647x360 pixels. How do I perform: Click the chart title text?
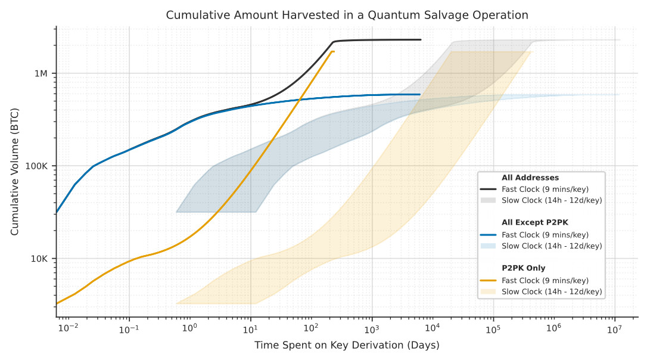[347, 15]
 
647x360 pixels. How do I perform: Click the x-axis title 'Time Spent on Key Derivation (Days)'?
[347, 345]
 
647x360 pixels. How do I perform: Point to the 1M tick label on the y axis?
[41, 73]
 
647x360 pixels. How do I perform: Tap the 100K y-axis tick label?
[37, 166]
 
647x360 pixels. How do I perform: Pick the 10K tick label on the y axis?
[39, 259]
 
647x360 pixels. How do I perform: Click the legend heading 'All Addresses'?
[530, 178]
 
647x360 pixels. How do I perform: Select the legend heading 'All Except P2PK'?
[535, 223]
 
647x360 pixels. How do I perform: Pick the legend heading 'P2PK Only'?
[523, 268]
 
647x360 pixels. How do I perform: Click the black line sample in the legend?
[489, 189]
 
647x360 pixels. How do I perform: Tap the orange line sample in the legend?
[489, 280]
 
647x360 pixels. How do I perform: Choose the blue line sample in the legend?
[489, 234]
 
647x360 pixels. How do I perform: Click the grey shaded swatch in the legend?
[489, 200]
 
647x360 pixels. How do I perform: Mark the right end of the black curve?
[421, 40]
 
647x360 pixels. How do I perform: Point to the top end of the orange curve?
[334, 52]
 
